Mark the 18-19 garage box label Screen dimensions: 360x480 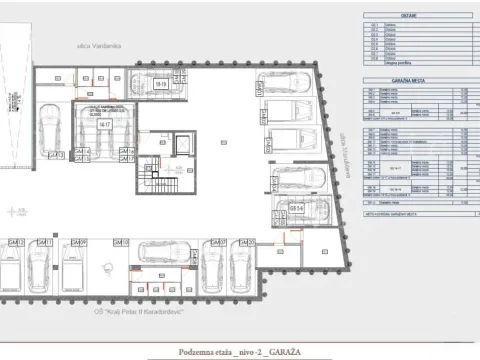pyautogui.click(x=161, y=86)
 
